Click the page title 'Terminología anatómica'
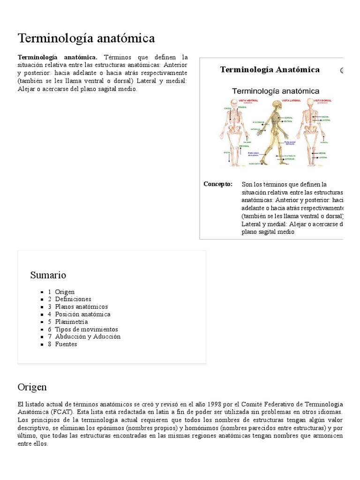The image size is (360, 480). [86, 38]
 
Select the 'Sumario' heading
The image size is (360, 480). [48, 275]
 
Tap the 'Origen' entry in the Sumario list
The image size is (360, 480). [64, 292]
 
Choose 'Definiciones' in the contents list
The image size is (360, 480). [73, 299]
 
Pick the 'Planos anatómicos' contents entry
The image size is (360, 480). [81, 307]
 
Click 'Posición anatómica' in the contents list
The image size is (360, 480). [82, 314]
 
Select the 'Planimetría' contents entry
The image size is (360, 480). [71, 322]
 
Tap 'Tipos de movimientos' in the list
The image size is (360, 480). [86, 329]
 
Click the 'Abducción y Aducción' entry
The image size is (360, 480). [87, 337]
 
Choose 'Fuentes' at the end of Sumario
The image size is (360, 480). [66, 344]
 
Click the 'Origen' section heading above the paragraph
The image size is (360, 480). [32, 387]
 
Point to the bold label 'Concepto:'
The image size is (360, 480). [218, 184]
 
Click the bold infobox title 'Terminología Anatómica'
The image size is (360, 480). [270, 70]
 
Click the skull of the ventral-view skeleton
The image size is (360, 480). [234, 104]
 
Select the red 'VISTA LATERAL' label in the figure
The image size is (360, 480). [276, 100]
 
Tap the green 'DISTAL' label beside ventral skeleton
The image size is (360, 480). [227, 152]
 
